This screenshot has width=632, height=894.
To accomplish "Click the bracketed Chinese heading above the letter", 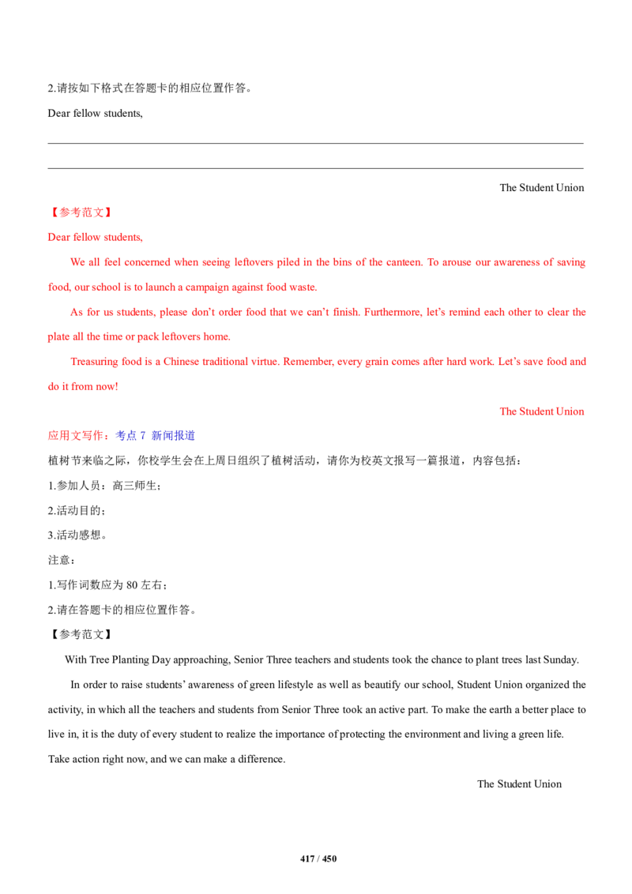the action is (x=81, y=212).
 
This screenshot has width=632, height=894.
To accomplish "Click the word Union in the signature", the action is (x=574, y=411).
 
